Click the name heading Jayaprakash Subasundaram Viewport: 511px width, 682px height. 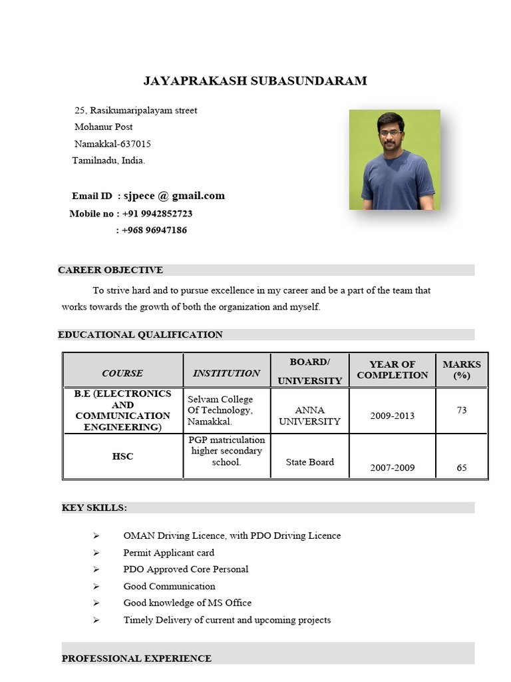pyautogui.click(x=255, y=81)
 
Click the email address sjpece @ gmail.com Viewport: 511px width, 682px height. pyautogui.click(x=174, y=196)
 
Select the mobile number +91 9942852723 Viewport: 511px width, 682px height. pyautogui.click(x=157, y=214)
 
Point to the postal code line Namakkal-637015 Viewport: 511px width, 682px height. pyautogui.click(x=112, y=144)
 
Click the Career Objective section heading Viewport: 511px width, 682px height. pyautogui.click(x=110, y=270)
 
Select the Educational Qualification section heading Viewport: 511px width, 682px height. pyautogui.click(x=140, y=334)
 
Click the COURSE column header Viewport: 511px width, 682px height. pyautogui.click(x=122, y=373)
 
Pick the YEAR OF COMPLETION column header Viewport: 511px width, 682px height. pyautogui.click(x=392, y=370)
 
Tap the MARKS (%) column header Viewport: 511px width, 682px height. pyautogui.click(x=461, y=370)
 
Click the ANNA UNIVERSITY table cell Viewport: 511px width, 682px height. pyautogui.click(x=309, y=416)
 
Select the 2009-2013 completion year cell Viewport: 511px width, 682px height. pyautogui.click(x=392, y=416)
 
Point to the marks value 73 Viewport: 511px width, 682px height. pyautogui.click(x=461, y=410)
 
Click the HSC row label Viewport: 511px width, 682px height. pyautogui.click(x=122, y=456)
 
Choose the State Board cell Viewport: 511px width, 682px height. pyautogui.click(x=309, y=462)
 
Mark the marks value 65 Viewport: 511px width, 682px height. pyautogui.click(x=461, y=468)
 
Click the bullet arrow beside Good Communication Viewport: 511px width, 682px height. pyautogui.click(x=96, y=586)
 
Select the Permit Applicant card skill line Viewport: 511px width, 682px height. pyautogui.click(x=169, y=553)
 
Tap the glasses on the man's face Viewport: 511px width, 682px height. pyautogui.click(x=392, y=133)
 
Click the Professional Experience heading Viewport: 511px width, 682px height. pyautogui.click(x=136, y=658)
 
